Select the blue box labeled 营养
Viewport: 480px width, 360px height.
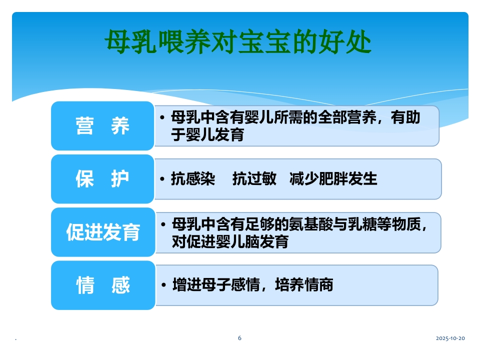[x=102, y=126]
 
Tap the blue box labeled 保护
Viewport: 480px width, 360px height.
[x=102, y=179]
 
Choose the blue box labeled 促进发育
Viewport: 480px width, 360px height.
[x=103, y=232]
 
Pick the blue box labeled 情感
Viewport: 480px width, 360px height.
[x=102, y=285]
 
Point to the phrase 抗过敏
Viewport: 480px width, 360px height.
[x=254, y=179]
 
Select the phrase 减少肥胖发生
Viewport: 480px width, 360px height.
[x=333, y=179]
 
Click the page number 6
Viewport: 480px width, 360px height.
[x=239, y=338]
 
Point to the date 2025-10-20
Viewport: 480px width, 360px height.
[x=450, y=338]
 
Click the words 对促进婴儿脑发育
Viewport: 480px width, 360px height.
[x=230, y=241]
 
